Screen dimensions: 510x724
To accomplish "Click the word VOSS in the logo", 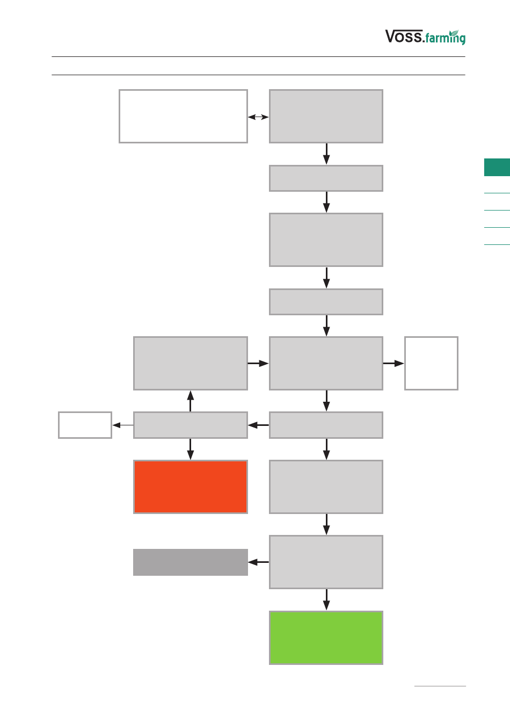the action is pyautogui.click(x=404, y=36).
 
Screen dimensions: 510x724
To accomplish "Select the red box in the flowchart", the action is pyautogui.click(x=191, y=487).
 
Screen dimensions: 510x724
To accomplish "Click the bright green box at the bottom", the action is pyautogui.click(x=326, y=638).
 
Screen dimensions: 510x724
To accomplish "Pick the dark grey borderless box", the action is pyautogui.click(x=191, y=562).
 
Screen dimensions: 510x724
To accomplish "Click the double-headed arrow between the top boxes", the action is pyautogui.click(x=258, y=117).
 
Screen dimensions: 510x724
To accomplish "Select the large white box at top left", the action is pyautogui.click(x=184, y=117).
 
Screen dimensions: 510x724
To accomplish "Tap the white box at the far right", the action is pyautogui.click(x=432, y=363).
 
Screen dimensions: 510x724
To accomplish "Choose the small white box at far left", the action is pyautogui.click(x=85, y=425).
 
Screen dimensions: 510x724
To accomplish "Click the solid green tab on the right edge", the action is pyautogui.click(x=497, y=167).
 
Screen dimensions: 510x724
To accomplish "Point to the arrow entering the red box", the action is pyautogui.click(x=191, y=449).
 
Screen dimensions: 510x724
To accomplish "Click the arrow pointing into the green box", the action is pyautogui.click(x=326, y=600).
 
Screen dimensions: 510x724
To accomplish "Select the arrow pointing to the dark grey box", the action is pyautogui.click(x=258, y=562).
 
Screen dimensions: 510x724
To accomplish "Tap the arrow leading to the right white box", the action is pyautogui.click(x=394, y=363).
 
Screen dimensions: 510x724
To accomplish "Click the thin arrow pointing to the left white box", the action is pyautogui.click(x=123, y=425).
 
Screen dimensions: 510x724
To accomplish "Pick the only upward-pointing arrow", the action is pyautogui.click(x=191, y=401).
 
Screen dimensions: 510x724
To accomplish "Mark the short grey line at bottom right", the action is pyautogui.click(x=440, y=686).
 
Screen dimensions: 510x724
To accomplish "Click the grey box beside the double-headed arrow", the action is pyautogui.click(x=326, y=117).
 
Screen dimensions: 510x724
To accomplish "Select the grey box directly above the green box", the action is pyautogui.click(x=326, y=562).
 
